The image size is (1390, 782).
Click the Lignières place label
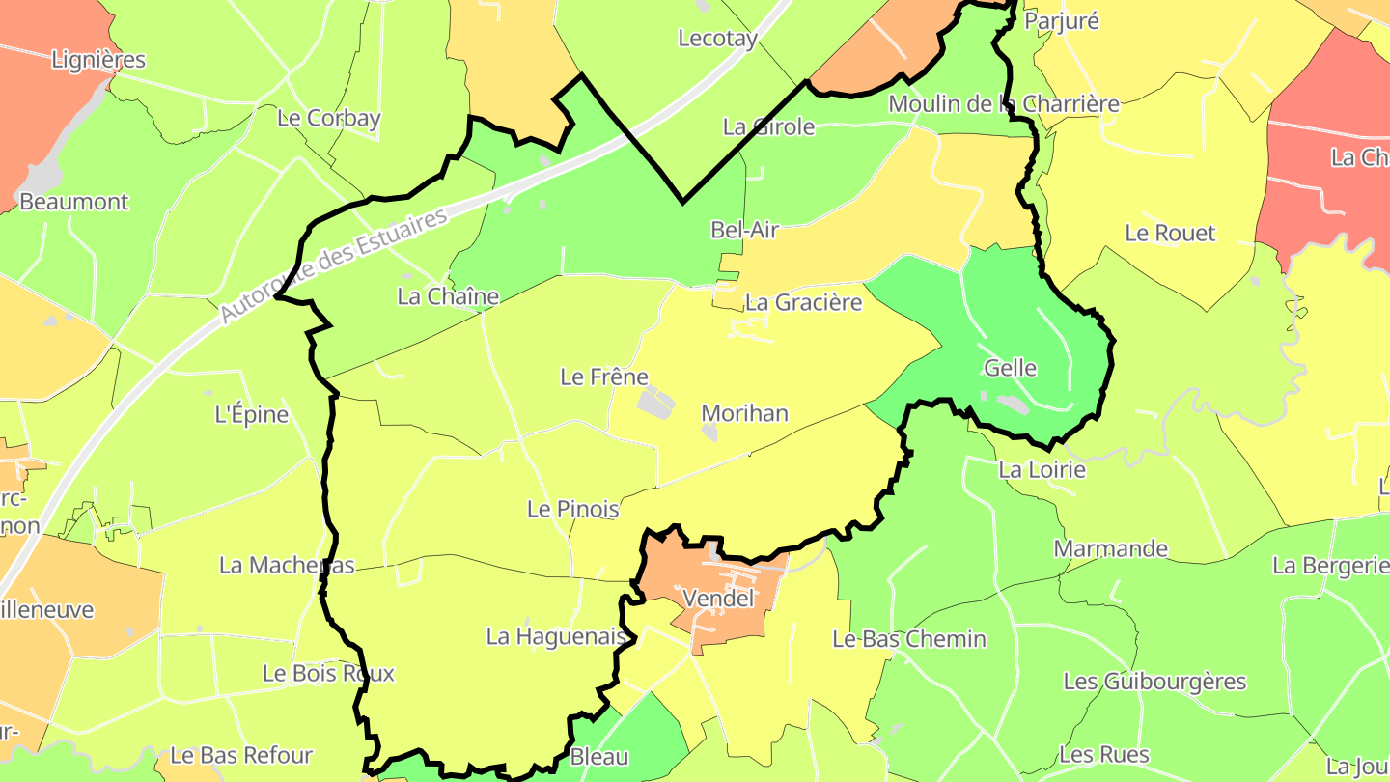(98, 60)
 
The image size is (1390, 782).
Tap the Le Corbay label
(329, 118)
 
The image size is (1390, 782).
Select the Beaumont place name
(74, 202)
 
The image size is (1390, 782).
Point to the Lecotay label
(717, 39)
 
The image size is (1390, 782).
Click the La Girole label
(769, 126)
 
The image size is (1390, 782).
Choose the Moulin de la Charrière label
(1004, 103)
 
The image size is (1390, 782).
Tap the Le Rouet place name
(1170, 233)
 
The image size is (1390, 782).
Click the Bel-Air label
(744, 230)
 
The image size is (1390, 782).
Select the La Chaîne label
(448, 296)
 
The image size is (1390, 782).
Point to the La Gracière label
(804, 302)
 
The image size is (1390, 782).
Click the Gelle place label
(1011, 368)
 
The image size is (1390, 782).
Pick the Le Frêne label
(604, 377)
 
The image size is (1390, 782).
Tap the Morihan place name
(744, 413)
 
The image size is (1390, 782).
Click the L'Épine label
(251, 415)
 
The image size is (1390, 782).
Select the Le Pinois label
(572, 508)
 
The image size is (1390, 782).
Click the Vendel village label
(718, 599)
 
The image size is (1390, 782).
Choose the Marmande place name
(1111, 549)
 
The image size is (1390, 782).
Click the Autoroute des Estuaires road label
(335, 265)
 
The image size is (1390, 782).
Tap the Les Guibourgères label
(1154, 682)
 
